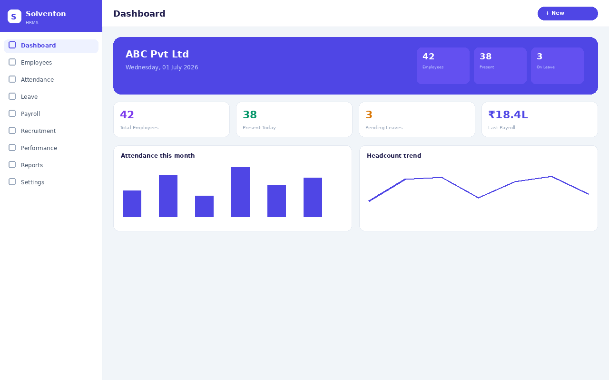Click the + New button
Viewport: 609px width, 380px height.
(x=568, y=13)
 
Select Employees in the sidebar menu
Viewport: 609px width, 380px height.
(x=36, y=62)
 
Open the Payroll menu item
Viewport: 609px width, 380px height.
(x=30, y=114)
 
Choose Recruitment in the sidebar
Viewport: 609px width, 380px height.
(x=39, y=131)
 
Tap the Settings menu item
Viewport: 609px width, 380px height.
(x=32, y=182)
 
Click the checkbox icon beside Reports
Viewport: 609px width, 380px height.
(x=12, y=165)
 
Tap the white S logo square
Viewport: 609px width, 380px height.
(x=14, y=16)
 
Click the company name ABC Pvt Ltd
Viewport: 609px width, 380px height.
(x=157, y=54)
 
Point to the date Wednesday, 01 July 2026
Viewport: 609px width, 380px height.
(x=162, y=67)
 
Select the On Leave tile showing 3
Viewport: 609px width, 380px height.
(x=557, y=66)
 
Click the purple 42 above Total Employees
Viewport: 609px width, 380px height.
(x=127, y=114)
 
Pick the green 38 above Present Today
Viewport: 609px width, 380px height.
(x=250, y=114)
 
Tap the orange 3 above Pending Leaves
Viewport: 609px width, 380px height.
(x=369, y=114)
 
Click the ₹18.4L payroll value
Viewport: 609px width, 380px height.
(x=508, y=114)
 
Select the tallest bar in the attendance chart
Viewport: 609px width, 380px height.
(x=240, y=192)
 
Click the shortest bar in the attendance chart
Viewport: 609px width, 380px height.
(x=204, y=206)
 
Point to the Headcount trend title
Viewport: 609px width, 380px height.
(x=394, y=155)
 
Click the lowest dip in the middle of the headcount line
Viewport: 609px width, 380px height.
(x=479, y=198)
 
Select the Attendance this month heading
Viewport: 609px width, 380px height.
(x=157, y=155)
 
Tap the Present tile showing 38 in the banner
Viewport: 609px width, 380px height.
(x=500, y=66)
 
